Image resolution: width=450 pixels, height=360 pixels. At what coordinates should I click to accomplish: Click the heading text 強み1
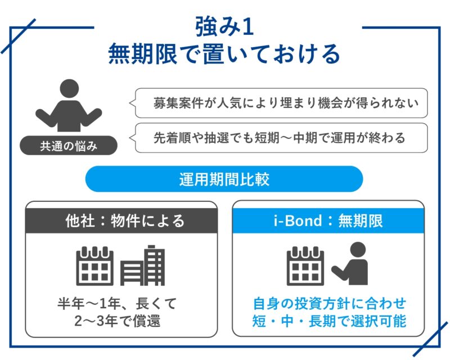point(224,26)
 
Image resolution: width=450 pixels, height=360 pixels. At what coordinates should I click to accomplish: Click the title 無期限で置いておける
point(224,54)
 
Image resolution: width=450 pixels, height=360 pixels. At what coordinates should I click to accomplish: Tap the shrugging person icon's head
point(69,88)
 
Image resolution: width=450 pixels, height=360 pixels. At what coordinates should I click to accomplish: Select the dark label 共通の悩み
point(69,146)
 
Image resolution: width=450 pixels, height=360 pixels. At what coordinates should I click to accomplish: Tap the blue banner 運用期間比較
point(224,179)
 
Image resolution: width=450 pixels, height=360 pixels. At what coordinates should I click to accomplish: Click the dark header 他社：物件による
point(121,220)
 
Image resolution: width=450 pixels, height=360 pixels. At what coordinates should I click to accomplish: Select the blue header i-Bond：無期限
point(328,220)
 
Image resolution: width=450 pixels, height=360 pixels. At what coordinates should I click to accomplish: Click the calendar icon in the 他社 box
point(94,266)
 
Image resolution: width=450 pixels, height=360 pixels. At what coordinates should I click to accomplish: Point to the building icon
point(143,265)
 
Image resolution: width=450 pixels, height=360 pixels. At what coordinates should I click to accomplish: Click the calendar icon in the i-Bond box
point(305,266)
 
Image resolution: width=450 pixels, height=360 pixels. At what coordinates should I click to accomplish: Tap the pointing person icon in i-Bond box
point(350,263)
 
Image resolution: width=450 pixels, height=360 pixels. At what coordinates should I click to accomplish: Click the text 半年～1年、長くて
point(117,303)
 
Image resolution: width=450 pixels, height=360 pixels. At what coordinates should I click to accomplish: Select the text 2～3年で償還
point(118,321)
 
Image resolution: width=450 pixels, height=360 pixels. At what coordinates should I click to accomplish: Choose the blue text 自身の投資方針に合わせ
point(330,303)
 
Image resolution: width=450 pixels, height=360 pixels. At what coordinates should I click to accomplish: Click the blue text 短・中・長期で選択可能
point(330,321)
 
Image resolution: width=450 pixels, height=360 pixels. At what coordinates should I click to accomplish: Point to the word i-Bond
point(298,220)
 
